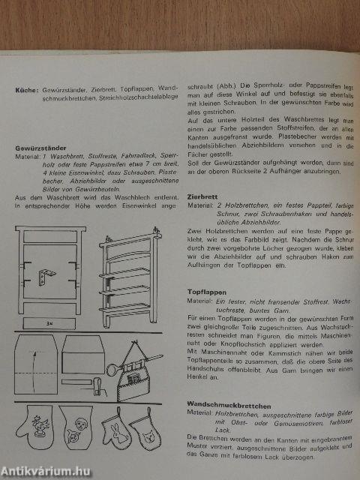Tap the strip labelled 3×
pyautogui.click(x=49, y=323)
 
